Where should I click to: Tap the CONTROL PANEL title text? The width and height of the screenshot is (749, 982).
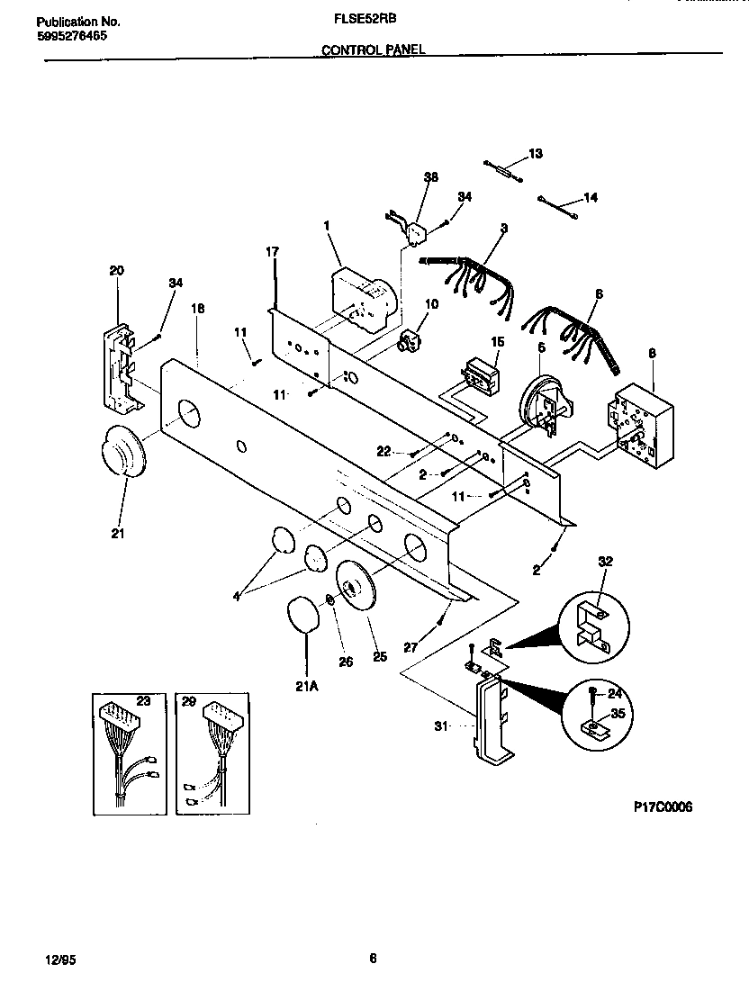pyautogui.click(x=374, y=50)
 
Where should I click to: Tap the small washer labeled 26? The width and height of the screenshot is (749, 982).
pyautogui.click(x=330, y=600)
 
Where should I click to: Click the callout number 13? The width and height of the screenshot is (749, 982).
pyautogui.click(x=536, y=154)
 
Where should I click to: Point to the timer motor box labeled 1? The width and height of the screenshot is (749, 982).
pyautogui.click(x=362, y=298)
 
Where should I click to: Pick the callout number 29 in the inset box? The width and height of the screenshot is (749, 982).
pyautogui.click(x=189, y=699)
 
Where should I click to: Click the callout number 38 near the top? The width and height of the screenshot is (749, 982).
pyautogui.click(x=431, y=177)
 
